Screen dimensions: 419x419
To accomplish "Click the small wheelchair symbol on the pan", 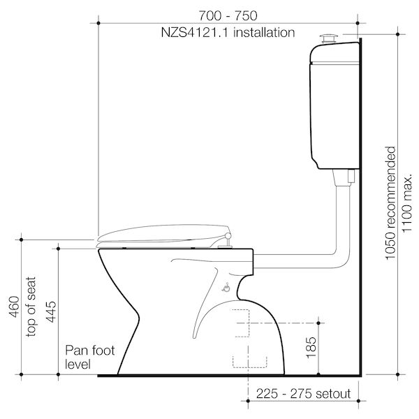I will pos(225,286).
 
